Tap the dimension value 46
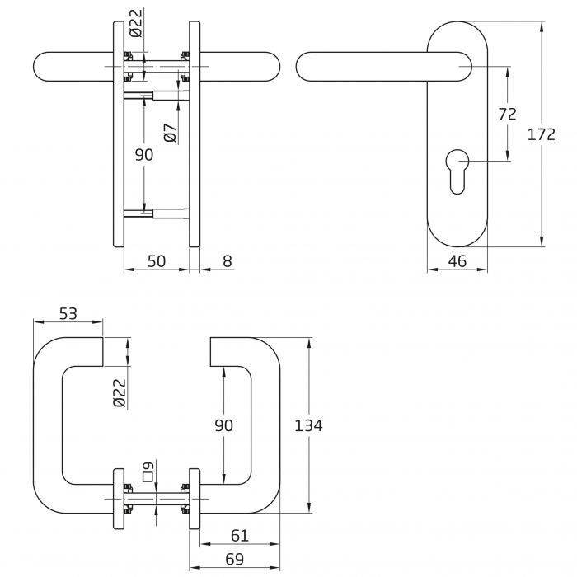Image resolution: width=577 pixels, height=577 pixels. point(457,261)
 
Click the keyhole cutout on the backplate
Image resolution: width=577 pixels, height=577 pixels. point(457,168)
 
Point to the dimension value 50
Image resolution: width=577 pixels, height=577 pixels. point(156,261)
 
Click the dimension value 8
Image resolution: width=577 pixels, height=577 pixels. point(228,261)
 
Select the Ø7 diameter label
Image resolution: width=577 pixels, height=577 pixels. point(170,133)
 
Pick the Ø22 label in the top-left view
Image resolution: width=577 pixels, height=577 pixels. point(137,22)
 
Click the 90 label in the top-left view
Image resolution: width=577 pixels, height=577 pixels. point(144,155)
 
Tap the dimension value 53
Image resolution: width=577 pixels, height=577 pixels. point(68,313)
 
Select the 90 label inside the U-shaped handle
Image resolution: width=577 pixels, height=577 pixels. point(223,425)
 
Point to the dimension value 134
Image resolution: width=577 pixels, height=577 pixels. point(307,425)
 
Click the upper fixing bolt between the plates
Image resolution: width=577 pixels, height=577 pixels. point(157,96)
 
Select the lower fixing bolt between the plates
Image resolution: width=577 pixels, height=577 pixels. point(157,213)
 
